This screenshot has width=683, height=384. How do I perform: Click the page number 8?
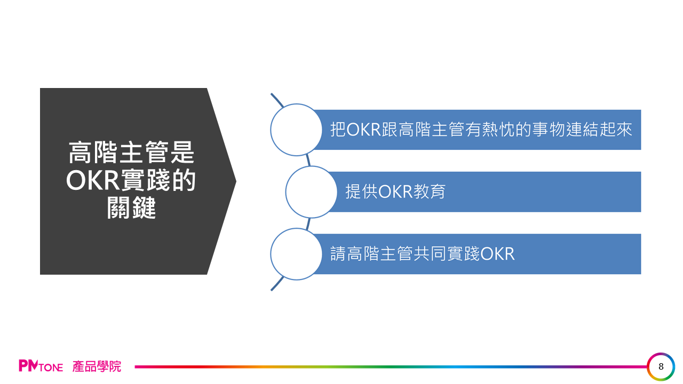tap(661, 366)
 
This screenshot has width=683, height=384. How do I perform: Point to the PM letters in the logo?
tap(28, 366)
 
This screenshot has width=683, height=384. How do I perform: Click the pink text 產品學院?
tap(97, 366)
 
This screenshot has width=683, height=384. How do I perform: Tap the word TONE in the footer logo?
tap(51, 367)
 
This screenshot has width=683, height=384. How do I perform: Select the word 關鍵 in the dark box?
tap(131, 208)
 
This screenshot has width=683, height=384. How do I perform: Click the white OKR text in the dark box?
tap(93, 180)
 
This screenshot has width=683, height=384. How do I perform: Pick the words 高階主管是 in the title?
tap(131, 153)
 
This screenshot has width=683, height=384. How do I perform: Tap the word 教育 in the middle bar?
tap(429, 191)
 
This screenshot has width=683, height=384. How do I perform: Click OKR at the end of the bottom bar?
tap(497, 254)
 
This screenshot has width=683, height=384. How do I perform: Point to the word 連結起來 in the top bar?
tap(599, 129)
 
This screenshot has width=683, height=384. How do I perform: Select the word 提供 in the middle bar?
tap(362, 191)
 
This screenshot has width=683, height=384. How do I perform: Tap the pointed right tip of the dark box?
tap(236, 181)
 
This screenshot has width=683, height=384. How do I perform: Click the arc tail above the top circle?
tap(277, 100)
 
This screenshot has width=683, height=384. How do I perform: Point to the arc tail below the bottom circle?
tap(277, 284)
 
